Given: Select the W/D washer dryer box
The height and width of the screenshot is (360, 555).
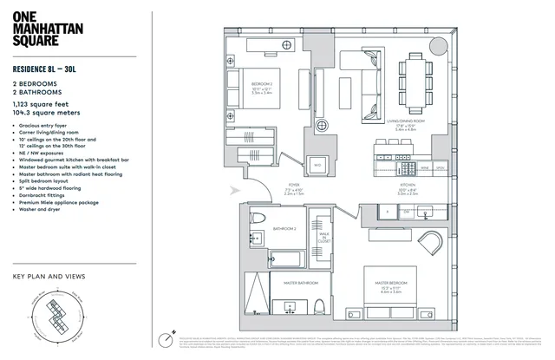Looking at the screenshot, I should [317, 164].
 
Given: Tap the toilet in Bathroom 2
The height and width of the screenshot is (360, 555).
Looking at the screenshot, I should [258, 218].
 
